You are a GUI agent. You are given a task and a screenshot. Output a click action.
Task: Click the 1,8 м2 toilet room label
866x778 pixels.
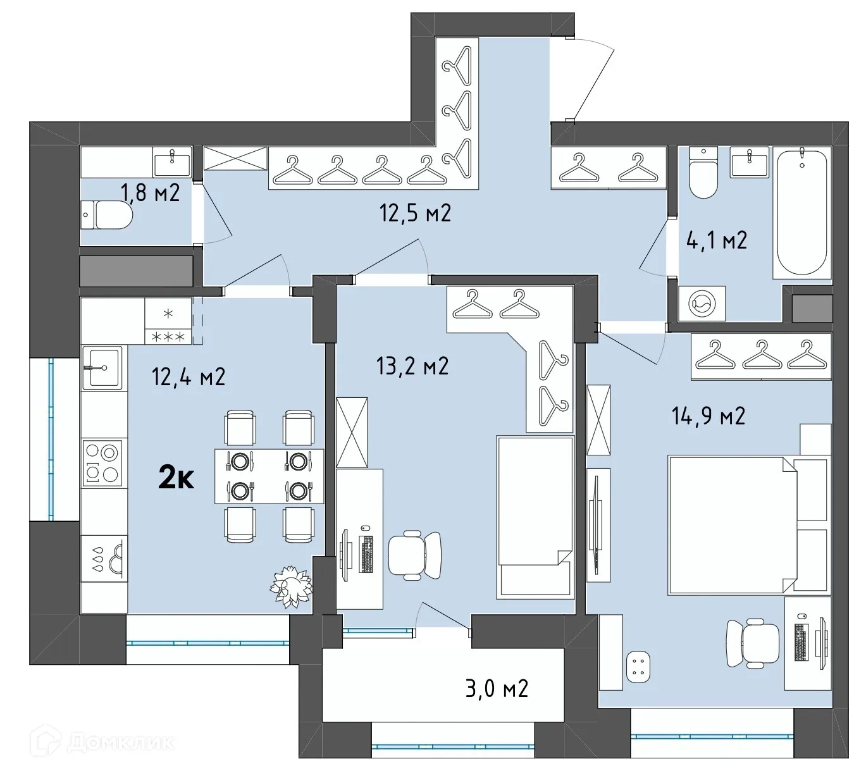pyautogui.click(x=150, y=192)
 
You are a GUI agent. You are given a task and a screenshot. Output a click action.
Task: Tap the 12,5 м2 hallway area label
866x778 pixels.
pyautogui.click(x=415, y=213)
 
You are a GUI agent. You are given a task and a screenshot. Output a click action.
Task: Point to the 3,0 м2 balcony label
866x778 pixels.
pyautogui.click(x=497, y=688)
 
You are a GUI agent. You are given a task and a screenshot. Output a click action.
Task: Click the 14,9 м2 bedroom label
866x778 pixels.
pyautogui.click(x=708, y=416)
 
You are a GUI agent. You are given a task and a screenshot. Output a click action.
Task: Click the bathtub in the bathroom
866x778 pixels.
pyautogui.click(x=801, y=211)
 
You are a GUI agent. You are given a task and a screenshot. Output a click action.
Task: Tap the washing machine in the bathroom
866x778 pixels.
pyautogui.click(x=702, y=304)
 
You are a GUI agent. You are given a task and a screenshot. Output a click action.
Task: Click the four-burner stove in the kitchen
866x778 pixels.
pyautogui.click(x=102, y=464)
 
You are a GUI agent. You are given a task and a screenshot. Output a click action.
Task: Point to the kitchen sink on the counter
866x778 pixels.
pyautogui.click(x=101, y=367)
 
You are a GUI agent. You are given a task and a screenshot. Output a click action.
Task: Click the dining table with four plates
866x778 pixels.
pyautogui.click(x=269, y=476)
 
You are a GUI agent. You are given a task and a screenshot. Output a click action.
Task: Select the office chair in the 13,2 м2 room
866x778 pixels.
pyautogui.click(x=414, y=554)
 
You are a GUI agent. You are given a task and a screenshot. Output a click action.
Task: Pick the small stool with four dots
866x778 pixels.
pyautogui.click(x=638, y=667)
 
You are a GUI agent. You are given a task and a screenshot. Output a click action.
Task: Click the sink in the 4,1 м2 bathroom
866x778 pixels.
pyautogui.click(x=750, y=162)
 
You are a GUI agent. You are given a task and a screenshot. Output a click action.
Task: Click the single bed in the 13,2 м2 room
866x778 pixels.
pyautogui.click(x=535, y=516)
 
